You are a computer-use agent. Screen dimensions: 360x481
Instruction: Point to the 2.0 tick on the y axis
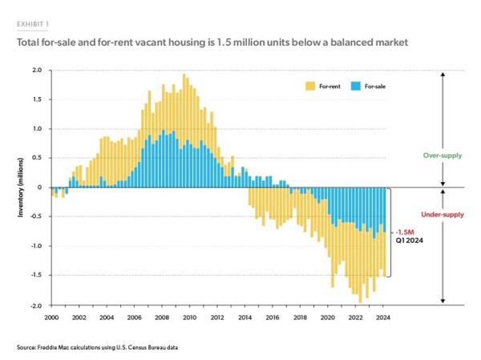[37, 70]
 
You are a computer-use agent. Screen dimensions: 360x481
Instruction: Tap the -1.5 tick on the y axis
[35, 276]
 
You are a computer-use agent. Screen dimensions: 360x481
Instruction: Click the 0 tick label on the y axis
[40, 188]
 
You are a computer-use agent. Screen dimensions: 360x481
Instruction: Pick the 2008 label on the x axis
[160, 318]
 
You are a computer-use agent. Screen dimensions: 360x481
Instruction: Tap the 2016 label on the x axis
[273, 318]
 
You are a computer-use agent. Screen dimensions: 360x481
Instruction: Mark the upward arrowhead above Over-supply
[442, 72]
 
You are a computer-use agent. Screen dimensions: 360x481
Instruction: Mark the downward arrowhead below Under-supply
[442, 303]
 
